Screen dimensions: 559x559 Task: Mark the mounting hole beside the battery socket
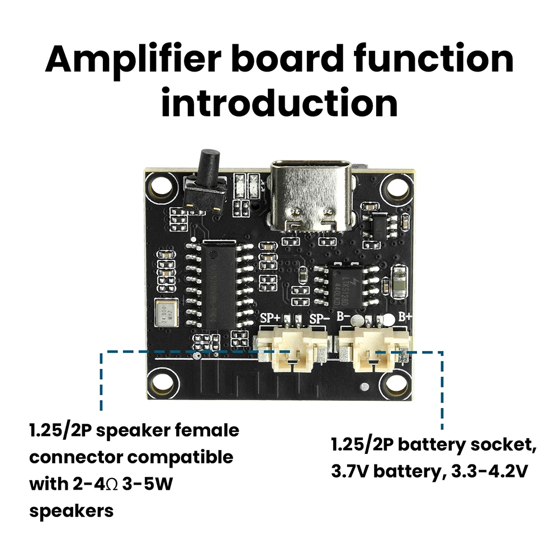pos(396,383)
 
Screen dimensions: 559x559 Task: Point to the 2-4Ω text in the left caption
pos(98,484)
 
